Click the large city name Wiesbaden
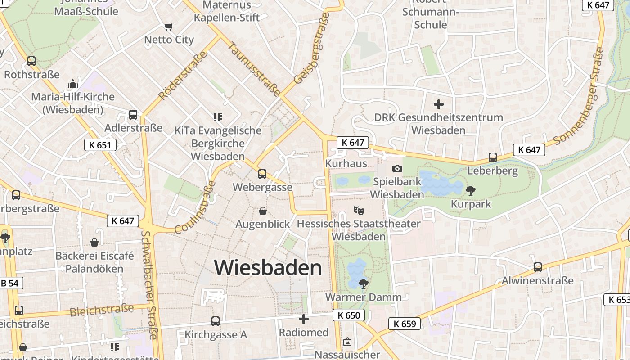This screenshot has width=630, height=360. (x=268, y=268)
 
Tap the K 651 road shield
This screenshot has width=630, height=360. (x=100, y=145)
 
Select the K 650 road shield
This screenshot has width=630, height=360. (x=349, y=315)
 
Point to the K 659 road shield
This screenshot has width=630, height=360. (x=404, y=323)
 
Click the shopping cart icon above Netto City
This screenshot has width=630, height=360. (x=169, y=27)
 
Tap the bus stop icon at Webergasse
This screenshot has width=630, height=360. (x=262, y=174)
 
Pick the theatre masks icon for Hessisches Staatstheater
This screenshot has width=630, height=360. (x=358, y=210)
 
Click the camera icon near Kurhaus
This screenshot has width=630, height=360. (x=397, y=168)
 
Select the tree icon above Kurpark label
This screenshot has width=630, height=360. (x=471, y=190)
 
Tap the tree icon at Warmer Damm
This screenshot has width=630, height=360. (x=363, y=283)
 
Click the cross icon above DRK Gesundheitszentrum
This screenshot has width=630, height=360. (x=439, y=104)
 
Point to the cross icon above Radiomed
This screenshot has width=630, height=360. (x=304, y=319)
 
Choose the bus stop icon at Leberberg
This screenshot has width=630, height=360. (x=493, y=157)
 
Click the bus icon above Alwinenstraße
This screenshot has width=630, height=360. (x=537, y=267)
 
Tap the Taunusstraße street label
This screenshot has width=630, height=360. (x=255, y=68)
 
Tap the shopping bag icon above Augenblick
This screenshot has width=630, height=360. (x=263, y=211)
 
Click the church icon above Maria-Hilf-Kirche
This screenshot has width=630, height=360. (x=72, y=84)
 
